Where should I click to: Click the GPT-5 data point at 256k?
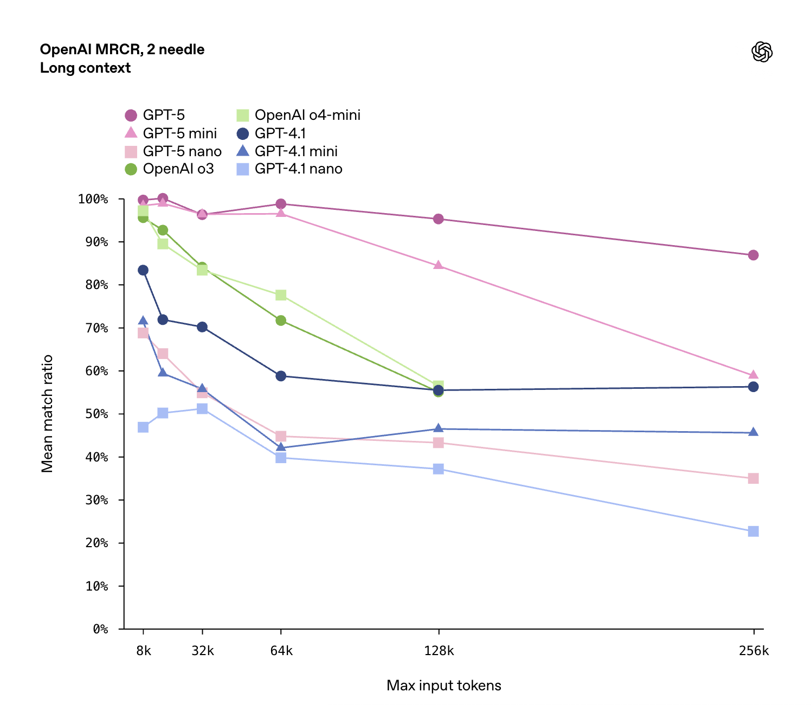(x=753, y=255)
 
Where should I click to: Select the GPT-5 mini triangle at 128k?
(x=438, y=265)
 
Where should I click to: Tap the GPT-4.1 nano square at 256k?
(x=753, y=531)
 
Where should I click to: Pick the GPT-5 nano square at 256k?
(x=753, y=478)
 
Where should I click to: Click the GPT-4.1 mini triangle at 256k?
(x=753, y=432)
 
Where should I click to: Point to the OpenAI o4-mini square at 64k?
(x=281, y=295)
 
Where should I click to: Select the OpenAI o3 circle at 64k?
(x=281, y=321)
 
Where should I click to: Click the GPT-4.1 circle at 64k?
(x=281, y=376)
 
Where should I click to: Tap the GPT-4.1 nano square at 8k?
(x=143, y=427)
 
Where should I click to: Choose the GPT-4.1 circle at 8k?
(x=143, y=270)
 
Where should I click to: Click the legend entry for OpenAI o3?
(x=170, y=169)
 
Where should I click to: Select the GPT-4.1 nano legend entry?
(x=289, y=169)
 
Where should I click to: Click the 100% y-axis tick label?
(x=93, y=199)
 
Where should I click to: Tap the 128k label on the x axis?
(x=439, y=651)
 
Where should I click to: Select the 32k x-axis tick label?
(x=202, y=651)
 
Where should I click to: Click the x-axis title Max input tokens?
(x=443, y=685)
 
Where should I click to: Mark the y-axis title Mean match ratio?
(x=47, y=413)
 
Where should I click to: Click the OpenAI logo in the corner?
(x=762, y=52)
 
